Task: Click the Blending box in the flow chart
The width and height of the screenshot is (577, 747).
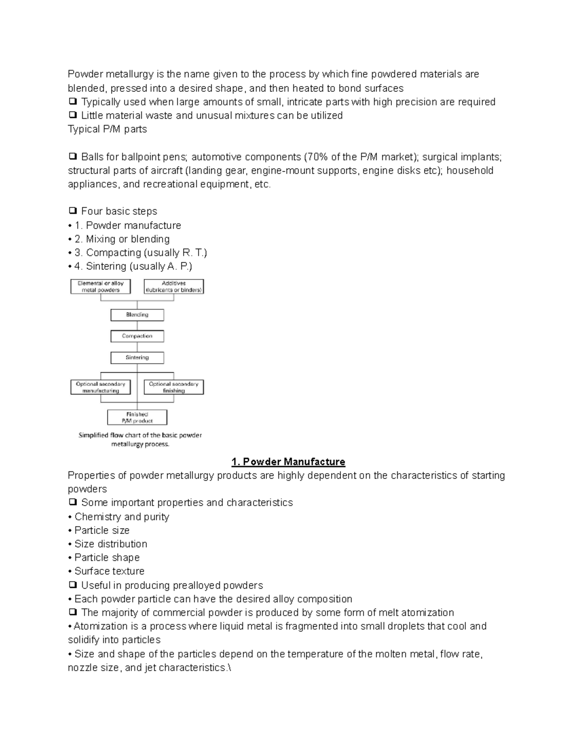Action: click(137, 315)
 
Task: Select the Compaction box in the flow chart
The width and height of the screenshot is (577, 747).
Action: click(137, 336)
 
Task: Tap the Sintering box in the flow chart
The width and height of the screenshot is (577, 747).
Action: click(137, 357)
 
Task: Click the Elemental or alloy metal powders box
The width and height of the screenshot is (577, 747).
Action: click(100, 287)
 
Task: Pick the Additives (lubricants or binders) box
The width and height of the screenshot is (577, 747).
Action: click(174, 287)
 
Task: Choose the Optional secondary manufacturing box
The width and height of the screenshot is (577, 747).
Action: click(100, 387)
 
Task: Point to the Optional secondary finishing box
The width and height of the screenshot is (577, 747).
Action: click(174, 387)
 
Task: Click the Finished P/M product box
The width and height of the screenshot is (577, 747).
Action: click(137, 418)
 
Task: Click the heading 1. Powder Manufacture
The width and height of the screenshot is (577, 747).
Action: click(288, 462)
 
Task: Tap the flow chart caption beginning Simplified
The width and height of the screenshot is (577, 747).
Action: click(140, 440)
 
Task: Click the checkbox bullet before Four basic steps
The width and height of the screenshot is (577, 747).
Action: click(73, 211)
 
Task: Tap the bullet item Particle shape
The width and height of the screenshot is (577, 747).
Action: click(107, 557)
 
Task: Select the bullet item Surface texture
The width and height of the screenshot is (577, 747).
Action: click(109, 571)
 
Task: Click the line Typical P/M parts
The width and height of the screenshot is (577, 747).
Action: click(107, 129)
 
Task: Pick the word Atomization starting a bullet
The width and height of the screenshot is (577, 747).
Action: click(97, 626)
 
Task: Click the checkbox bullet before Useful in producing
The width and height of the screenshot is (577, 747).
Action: click(73, 585)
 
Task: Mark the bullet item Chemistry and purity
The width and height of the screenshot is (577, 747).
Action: click(122, 517)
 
